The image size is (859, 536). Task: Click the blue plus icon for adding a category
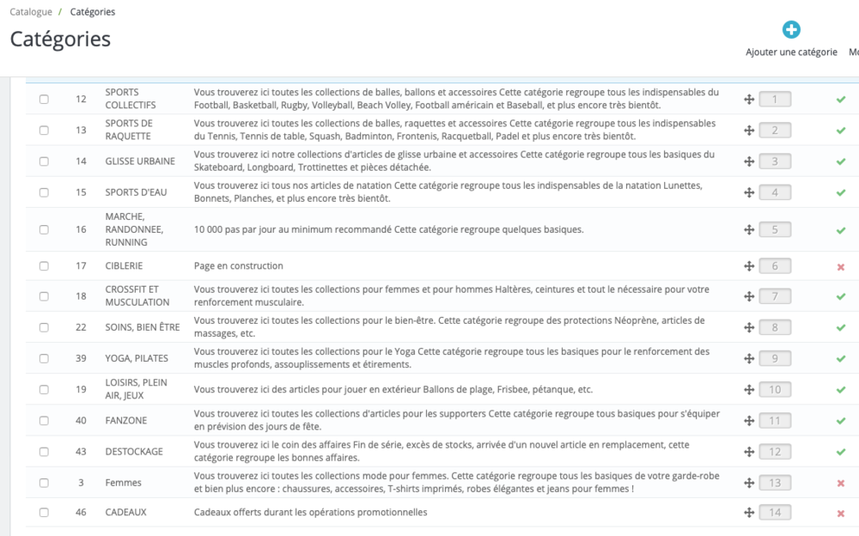(791, 30)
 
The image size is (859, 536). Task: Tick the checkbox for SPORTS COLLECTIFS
(44, 100)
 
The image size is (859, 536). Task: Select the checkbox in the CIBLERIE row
(44, 266)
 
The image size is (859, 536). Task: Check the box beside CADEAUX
(44, 513)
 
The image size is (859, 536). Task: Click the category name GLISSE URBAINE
(140, 161)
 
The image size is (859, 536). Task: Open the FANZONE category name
(126, 421)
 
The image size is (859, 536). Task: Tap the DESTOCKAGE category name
(134, 452)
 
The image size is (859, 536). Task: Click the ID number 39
(81, 358)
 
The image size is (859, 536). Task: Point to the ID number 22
(81, 327)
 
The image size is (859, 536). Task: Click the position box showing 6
(775, 266)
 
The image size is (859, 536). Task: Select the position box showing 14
(775, 513)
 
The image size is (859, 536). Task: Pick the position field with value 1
(775, 100)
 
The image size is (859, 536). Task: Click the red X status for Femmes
(841, 484)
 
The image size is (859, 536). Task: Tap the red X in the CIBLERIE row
(841, 267)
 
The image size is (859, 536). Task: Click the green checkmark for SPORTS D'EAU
(841, 192)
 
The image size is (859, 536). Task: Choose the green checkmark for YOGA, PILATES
(841, 359)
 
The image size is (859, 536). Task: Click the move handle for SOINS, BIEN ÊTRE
(749, 327)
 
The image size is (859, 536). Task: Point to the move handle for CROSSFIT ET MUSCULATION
(749, 296)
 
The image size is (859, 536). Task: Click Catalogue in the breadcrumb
(31, 12)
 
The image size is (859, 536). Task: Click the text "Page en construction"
(239, 266)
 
